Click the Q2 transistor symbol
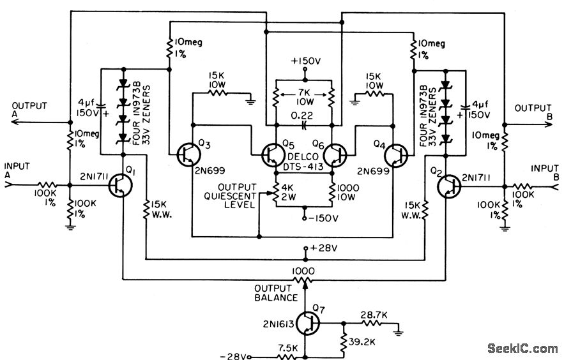[x=449, y=186]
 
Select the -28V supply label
[x=232, y=355]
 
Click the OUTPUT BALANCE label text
[x=276, y=293]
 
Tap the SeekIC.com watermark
[x=522, y=348]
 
